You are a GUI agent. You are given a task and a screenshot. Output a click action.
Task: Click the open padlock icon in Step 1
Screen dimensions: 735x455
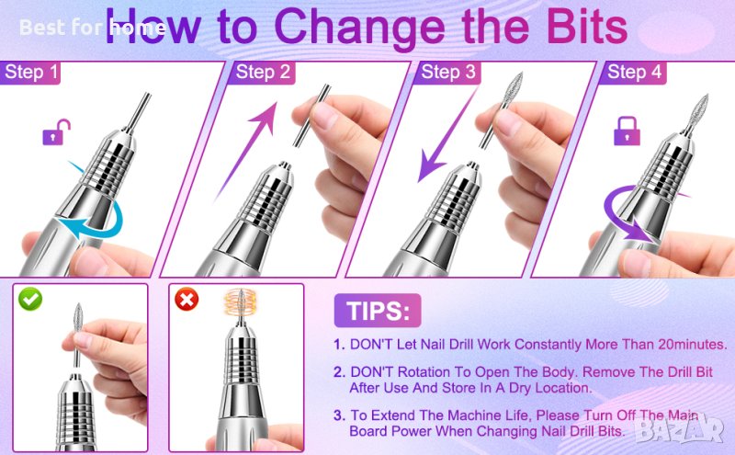coord(56,132)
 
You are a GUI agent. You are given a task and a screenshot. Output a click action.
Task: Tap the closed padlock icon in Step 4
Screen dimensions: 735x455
coord(628,131)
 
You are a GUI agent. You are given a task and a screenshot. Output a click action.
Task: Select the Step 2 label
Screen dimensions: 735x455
coord(263,73)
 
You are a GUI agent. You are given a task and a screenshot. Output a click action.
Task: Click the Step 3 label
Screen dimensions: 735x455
coord(448,73)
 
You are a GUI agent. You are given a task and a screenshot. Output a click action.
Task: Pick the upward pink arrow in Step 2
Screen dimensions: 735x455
coord(247,151)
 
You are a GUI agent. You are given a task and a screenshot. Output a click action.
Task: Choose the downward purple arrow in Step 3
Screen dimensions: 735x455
coord(446,136)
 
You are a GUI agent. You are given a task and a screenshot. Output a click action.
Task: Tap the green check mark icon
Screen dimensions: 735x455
coord(30,299)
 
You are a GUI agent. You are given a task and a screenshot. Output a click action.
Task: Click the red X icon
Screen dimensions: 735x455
coord(187,299)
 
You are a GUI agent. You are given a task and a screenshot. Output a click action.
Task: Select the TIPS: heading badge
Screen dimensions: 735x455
coord(378,311)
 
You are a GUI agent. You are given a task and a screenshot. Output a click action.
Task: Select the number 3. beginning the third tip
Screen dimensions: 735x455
coord(340,415)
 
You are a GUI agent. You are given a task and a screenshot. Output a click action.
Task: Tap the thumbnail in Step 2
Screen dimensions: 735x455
coord(323,115)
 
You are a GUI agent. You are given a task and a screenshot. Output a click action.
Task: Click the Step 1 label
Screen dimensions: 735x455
coord(30,73)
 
